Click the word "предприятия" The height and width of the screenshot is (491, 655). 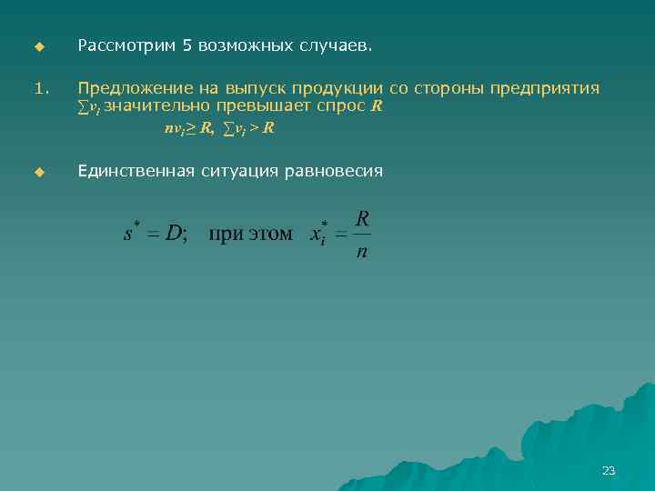(x=545, y=88)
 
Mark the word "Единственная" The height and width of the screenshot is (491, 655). (x=136, y=170)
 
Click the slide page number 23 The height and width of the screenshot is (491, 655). (x=609, y=470)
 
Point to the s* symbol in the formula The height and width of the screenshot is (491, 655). (x=129, y=232)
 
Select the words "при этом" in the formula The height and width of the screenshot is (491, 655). (x=251, y=235)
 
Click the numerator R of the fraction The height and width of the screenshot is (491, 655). (x=362, y=218)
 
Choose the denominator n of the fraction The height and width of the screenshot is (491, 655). (x=362, y=252)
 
